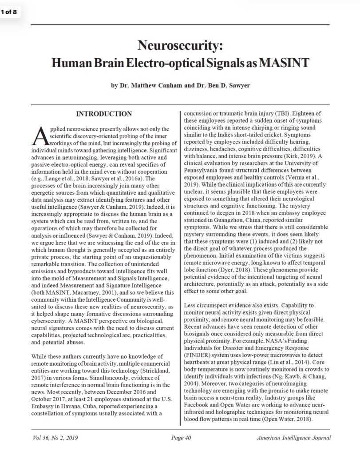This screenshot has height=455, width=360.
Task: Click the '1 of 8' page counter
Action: (x=9, y=12)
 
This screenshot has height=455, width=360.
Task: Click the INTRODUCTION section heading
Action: (x=104, y=114)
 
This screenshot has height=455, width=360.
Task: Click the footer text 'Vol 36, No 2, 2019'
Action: (x=55, y=438)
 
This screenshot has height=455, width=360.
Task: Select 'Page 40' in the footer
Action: (x=181, y=438)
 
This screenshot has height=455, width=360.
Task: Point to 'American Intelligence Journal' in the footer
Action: (x=293, y=438)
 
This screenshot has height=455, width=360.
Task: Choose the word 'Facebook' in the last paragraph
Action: (x=196, y=398)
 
